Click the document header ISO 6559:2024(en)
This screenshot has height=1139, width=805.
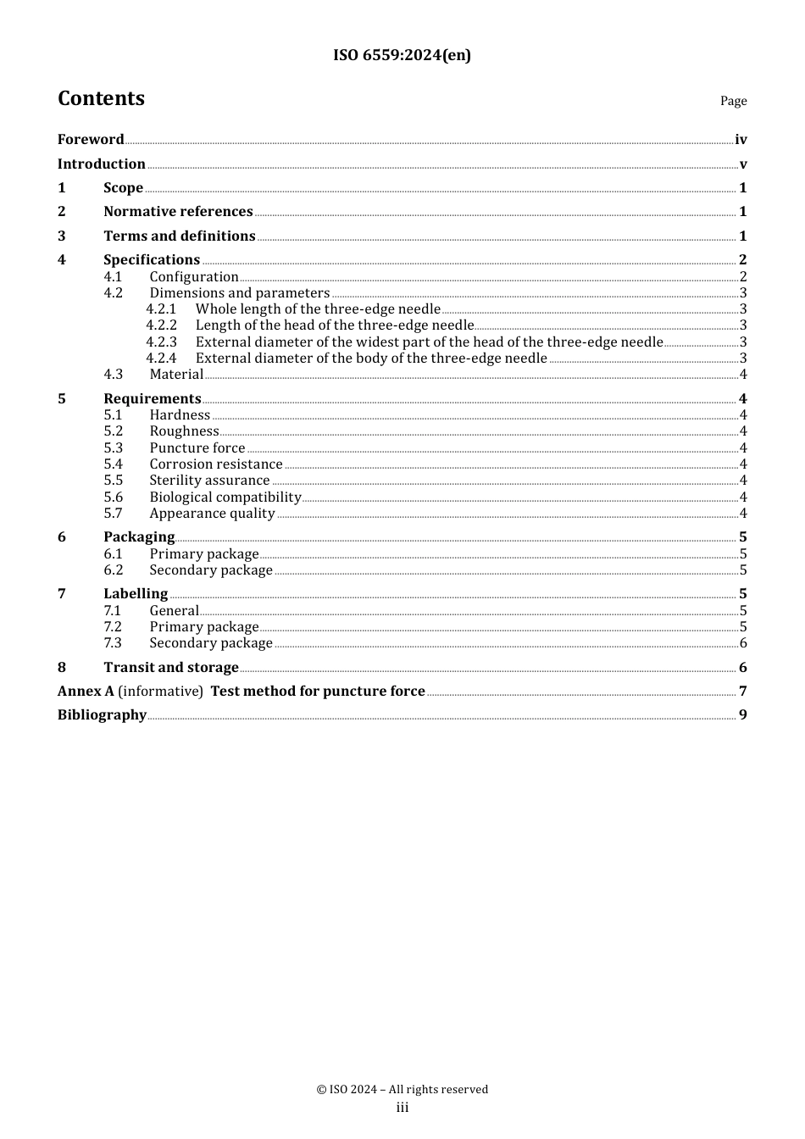point(402,55)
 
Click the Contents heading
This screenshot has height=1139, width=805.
point(101,98)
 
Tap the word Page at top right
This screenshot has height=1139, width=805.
point(733,101)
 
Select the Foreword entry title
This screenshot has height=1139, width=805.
point(91,140)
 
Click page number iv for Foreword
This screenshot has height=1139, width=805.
point(741,140)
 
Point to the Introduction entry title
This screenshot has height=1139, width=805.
point(102,164)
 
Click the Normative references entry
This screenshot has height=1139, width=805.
point(178,212)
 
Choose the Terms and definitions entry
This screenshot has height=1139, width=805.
point(180,236)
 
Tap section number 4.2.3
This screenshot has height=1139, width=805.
point(161,342)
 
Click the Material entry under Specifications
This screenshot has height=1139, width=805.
point(176,375)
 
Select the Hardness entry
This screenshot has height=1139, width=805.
point(180,415)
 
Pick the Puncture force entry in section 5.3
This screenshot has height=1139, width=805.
point(197,448)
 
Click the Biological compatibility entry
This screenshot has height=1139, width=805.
point(225,497)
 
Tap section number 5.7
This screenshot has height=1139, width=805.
point(114,514)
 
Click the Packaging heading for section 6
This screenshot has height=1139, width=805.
point(139,537)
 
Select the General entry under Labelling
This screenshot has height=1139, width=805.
point(174,611)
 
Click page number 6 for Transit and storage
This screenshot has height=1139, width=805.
point(743,668)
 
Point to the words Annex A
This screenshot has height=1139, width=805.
point(86,692)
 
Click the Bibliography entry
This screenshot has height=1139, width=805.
point(102,715)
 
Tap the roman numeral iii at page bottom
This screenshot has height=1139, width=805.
point(402,1108)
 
